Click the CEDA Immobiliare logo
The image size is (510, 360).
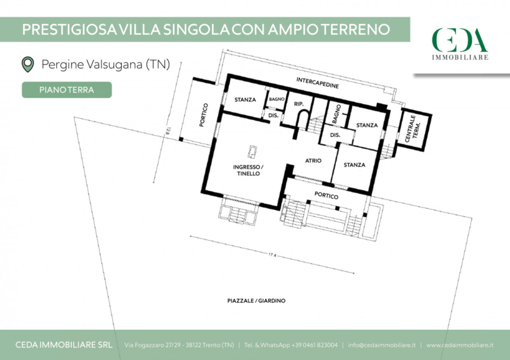click(460, 44)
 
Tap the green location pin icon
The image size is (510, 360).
click(28, 64)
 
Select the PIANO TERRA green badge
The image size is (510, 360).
click(67, 90)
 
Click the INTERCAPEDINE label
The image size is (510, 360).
click(317, 83)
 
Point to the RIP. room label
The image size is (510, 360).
click(299, 104)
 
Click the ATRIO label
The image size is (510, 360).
click(313, 160)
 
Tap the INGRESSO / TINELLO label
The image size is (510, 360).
click(248, 170)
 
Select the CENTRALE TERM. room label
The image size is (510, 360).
click(413, 128)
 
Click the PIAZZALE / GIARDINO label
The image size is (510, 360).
click(256, 301)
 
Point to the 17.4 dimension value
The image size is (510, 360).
click(272, 255)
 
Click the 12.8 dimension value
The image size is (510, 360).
click(168, 130)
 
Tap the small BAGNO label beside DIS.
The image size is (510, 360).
click(277, 99)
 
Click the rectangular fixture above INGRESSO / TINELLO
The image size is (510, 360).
click(252, 152)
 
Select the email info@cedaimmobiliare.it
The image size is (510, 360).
click(382, 345)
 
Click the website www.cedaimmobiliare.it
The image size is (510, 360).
click(460, 345)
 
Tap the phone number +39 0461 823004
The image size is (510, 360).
click(314, 345)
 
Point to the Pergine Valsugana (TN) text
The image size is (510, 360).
click(106, 64)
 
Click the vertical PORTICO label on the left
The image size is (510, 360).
click(203, 115)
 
